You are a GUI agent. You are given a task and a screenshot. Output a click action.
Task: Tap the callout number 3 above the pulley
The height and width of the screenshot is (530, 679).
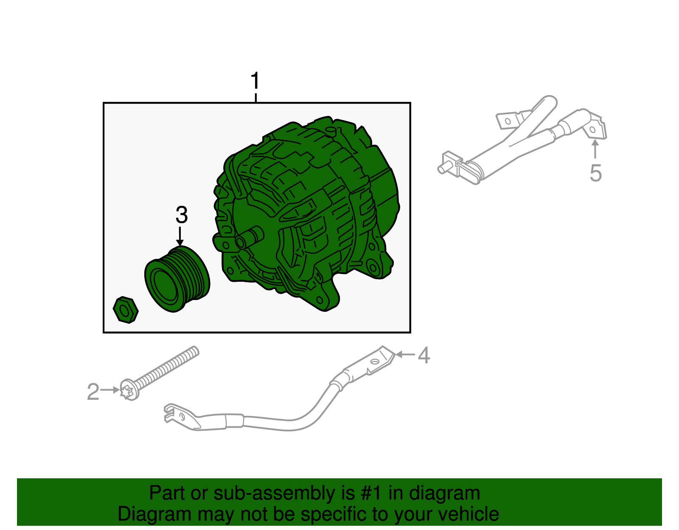(x=181, y=215)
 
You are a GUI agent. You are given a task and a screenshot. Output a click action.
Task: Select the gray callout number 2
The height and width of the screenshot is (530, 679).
(x=93, y=392)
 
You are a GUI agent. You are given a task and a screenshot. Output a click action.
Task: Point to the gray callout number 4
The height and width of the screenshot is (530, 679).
(x=424, y=355)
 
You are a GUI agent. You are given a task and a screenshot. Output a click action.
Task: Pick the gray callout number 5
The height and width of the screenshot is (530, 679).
(x=596, y=173)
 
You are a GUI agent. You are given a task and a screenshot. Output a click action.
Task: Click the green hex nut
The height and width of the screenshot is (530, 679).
(x=126, y=310)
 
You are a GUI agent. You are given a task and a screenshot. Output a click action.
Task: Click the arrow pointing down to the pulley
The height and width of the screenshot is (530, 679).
(x=180, y=236)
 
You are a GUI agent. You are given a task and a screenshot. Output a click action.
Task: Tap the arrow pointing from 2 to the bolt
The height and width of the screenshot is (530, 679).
(x=111, y=390)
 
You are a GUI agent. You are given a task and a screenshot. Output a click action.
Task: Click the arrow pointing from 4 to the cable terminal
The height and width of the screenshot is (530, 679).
(x=405, y=354)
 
